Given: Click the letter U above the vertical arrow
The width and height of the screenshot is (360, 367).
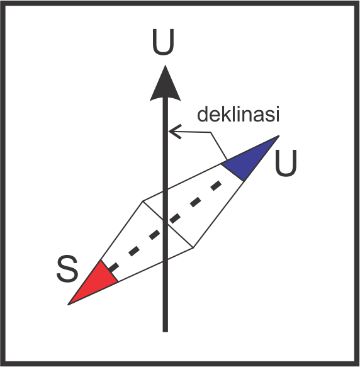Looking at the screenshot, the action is click(x=163, y=42).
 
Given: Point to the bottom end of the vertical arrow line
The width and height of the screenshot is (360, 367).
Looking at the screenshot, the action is click(x=166, y=331).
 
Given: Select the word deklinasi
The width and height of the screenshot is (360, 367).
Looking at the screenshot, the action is click(x=239, y=114).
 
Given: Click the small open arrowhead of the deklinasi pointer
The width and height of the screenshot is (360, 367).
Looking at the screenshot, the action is click(x=174, y=132).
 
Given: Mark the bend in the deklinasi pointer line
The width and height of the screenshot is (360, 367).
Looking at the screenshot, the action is click(x=210, y=132).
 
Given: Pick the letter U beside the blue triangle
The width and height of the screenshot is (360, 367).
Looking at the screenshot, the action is click(x=286, y=163).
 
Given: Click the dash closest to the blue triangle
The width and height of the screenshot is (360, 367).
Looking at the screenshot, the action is click(x=216, y=186).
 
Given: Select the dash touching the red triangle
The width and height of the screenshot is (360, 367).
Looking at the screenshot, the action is click(x=113, y=267).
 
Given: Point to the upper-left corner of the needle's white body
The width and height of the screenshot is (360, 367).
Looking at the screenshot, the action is click(x=142, y=201).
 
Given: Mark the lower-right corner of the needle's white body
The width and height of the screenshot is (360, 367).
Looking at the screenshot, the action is click(x=193, y=247).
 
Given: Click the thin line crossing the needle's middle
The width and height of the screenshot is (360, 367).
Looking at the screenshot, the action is click(x=168, y=225).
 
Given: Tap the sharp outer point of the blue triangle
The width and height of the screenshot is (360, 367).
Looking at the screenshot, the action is click(x=279, y=135).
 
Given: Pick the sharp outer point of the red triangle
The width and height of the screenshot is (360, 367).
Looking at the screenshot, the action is click(x=68, y=305).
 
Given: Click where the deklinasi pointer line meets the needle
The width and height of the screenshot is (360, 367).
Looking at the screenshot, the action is click(x=227, y=161).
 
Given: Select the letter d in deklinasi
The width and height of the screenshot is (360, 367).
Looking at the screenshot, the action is click(x=202, y=114).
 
